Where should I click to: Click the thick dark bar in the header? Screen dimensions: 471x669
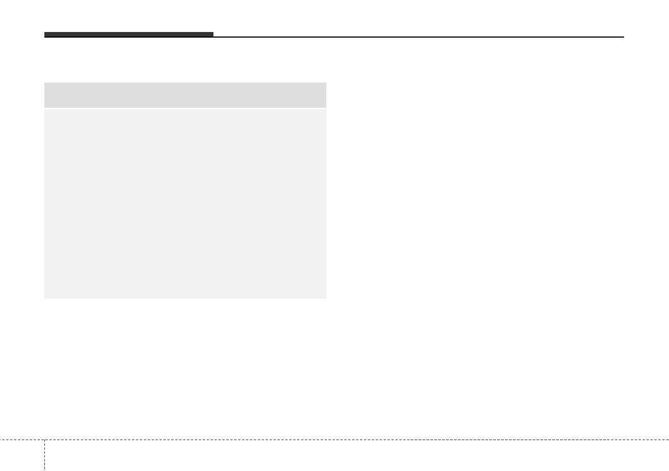tap(129, 35)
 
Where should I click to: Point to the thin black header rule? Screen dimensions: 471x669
tap(418, 37)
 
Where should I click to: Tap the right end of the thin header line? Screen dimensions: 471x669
tap(624, 37)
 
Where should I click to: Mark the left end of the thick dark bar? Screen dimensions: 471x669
tap(45, 35)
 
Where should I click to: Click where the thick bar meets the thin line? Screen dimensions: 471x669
tap(213, 36)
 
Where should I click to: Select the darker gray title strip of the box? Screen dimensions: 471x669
tap(185, 95)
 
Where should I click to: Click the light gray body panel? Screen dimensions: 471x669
tap(185, 203)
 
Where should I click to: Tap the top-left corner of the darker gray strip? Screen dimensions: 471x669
tap(45, 83)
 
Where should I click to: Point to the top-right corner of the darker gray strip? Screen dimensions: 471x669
tap(326, 83)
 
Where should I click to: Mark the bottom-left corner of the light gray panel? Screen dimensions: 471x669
tap(45, 298)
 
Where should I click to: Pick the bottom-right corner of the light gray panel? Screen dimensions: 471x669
tap(326, 298)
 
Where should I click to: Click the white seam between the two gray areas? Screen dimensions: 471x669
tap(185, 108)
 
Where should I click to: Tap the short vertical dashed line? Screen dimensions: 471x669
tap(44, 455)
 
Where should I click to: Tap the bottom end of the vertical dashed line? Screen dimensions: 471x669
tap(44, 470)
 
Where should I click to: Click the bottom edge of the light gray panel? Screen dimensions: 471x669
tap(185, 298)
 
